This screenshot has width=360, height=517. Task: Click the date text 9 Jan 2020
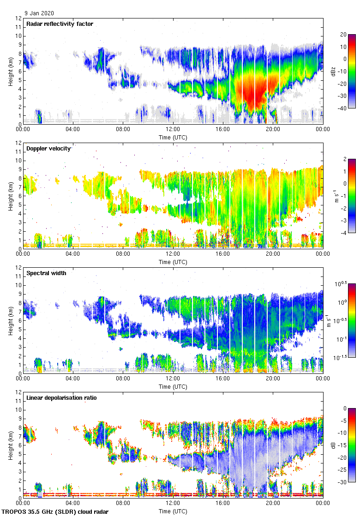tap(40, 13)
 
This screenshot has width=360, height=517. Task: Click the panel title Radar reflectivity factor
tap(60, 24)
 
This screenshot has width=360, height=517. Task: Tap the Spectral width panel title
tap(46, 273)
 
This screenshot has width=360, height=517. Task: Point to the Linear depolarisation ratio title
tap(61, 398)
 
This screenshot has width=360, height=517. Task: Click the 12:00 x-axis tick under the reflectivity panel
tap(173, 129)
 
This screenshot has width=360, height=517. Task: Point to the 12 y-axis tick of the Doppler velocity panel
tap(18, 143)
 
